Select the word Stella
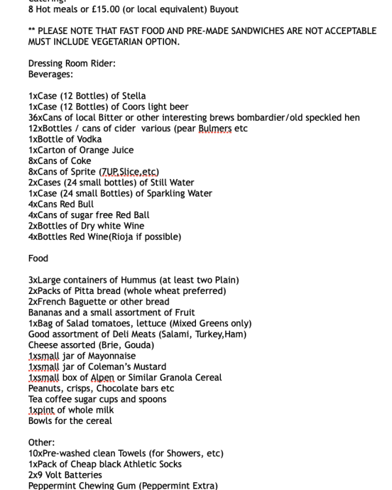click(x=134, y=96)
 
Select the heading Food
click(x=39, y=258)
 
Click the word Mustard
click(x=148, y=367)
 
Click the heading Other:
click(x=41, y=442)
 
